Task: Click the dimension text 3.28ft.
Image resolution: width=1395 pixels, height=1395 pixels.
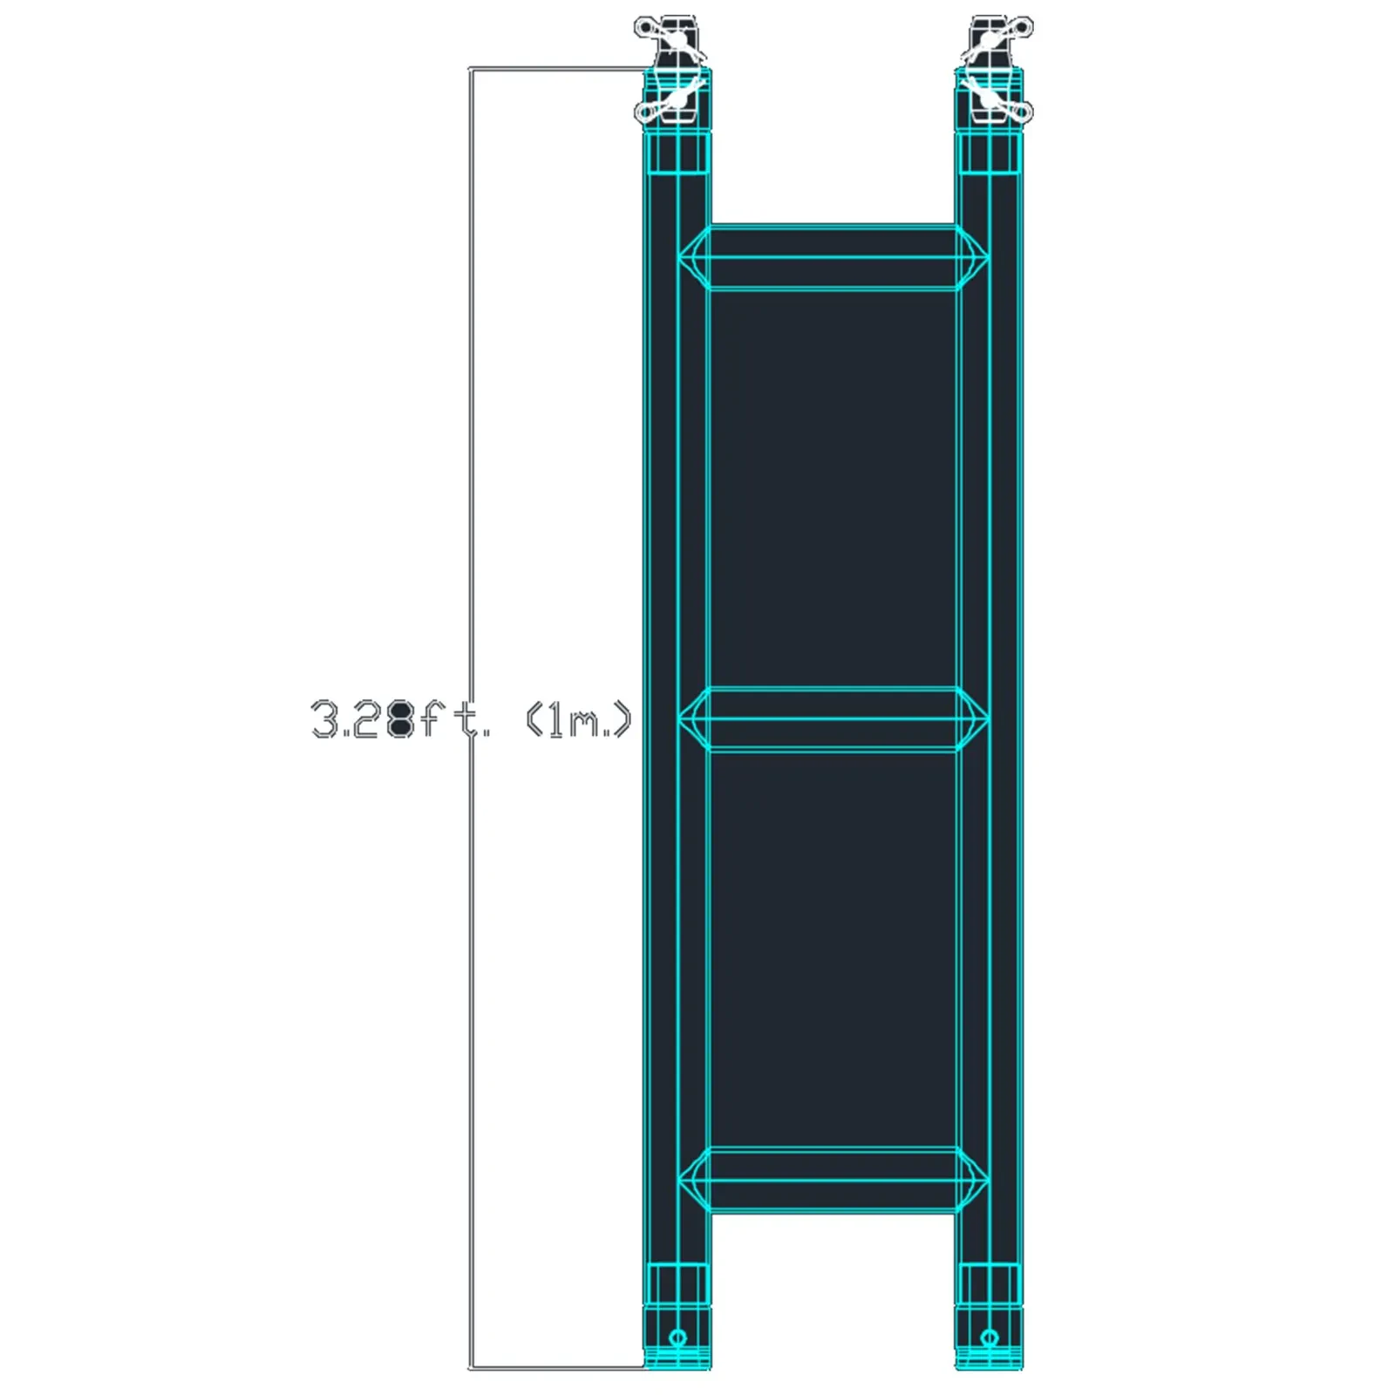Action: point(400,718)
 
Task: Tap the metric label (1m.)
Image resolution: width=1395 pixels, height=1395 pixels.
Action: point(578,720)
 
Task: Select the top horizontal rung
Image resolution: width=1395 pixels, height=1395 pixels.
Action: point(834,258)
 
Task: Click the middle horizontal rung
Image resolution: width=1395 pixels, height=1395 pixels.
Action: point(834,719)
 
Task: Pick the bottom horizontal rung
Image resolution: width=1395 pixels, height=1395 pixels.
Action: point(834,1181)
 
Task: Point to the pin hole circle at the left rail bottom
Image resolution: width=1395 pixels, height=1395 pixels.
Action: point(677,1338)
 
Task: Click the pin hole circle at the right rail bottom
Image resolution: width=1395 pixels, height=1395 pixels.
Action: point(989,1338)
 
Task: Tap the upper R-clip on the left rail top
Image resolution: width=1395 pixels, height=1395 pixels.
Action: point(670,40)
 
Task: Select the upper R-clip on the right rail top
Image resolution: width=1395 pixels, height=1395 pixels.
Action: point(997,40)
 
